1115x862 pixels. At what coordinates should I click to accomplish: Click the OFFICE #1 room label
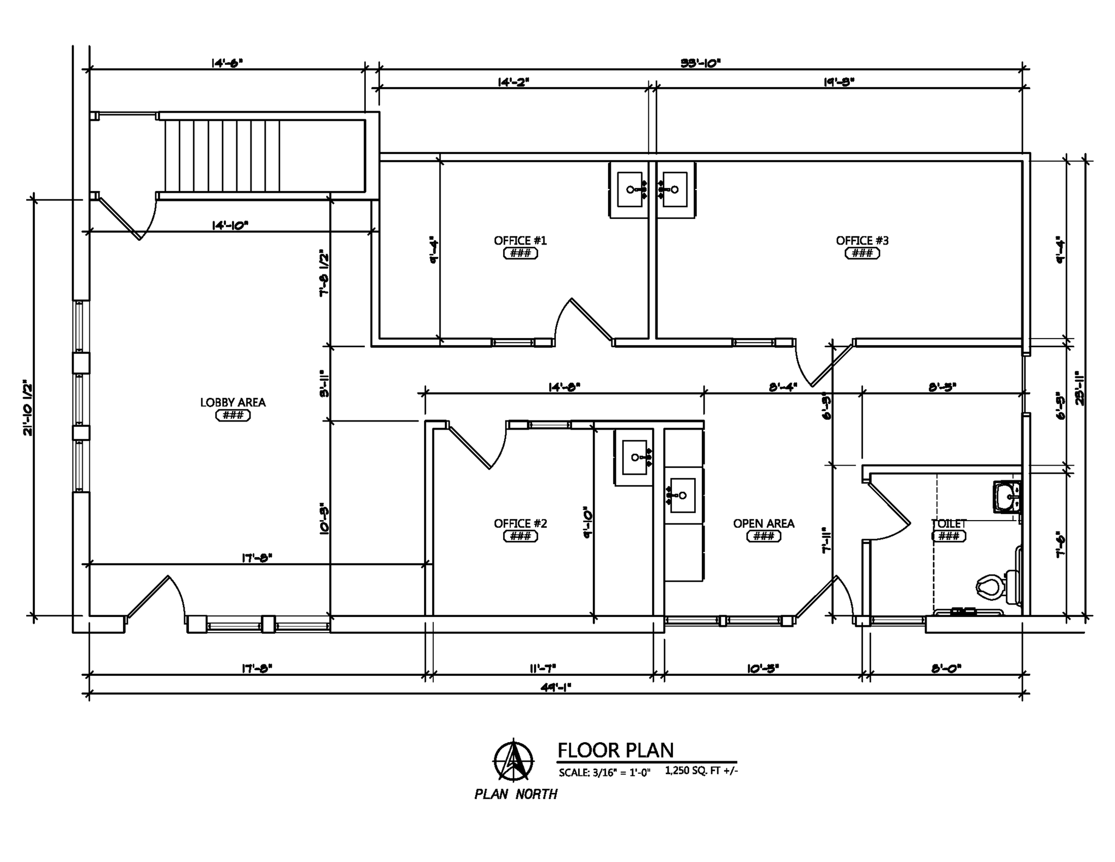pos(520,241)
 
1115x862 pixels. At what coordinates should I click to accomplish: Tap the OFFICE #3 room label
pos(862,241)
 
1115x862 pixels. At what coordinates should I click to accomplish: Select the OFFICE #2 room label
pos(520,523)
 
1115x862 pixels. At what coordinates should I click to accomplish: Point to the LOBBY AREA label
pos(233,402)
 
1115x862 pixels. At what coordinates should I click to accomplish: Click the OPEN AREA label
pos(763,523)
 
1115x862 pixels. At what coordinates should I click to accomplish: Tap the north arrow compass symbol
pos(513,760)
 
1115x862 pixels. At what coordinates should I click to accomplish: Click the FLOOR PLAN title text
pos(615,750)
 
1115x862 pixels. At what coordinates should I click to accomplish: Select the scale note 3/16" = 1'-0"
pos(605,773)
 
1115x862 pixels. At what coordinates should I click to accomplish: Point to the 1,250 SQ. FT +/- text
pos(701,771)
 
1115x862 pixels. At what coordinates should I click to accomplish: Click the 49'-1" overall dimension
pos(555,687)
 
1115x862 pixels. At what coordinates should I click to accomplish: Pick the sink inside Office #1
pos(630,189)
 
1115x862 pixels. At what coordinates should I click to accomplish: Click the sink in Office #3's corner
pos(675,189)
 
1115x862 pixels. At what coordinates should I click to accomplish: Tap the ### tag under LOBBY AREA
pos(233,415)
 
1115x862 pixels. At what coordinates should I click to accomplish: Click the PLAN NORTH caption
pos(516,794)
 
